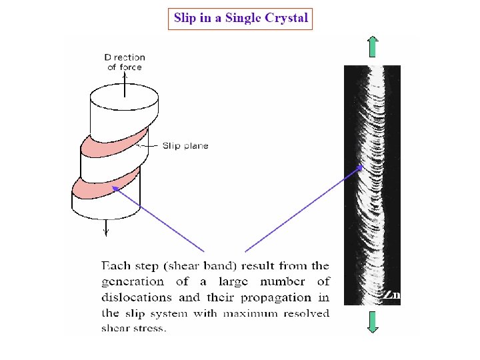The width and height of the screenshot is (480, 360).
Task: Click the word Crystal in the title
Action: coord(286,18)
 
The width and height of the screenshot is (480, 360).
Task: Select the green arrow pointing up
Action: coord(372,46)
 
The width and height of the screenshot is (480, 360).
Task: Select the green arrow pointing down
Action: coord(372,321)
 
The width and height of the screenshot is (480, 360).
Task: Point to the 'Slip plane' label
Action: coord(185,145)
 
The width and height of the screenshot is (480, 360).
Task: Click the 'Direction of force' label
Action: coord(125,62)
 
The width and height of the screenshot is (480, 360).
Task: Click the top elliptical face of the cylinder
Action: coord(125,99)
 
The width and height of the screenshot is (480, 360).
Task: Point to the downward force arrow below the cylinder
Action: coord(105,227)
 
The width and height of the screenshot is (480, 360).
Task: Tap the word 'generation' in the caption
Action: coord(133,282)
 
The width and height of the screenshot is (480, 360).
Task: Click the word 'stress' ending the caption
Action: coord(151,328)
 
